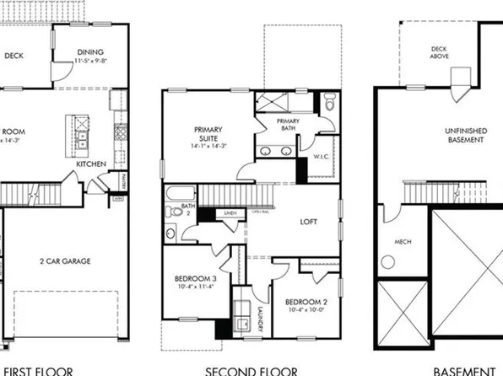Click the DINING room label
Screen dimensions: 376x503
click(x=89, y=51)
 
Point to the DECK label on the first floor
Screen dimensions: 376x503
click(x=14, y=56)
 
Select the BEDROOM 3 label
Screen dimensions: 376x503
click(x=196, y=278)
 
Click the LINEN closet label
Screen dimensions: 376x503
click(x=229, y=212)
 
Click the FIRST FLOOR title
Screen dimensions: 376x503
click(x=38, y=369)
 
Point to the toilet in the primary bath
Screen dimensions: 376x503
click(x=329, y=105)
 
